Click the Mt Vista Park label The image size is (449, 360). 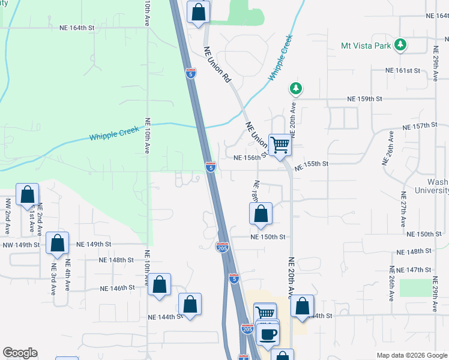(x=366, y=45)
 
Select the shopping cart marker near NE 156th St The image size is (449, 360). (x=280, y=145)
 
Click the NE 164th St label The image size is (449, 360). (x=77, y=28)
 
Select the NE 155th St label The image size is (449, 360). (x=312, y=164)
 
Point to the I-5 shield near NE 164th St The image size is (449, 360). (x=190, y=73)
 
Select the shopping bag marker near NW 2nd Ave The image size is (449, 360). (x=27, y=195)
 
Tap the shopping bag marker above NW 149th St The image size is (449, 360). (x=57, y=244)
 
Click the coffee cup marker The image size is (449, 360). (x=268, y=334)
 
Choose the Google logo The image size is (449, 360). (x=20, y=353)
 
